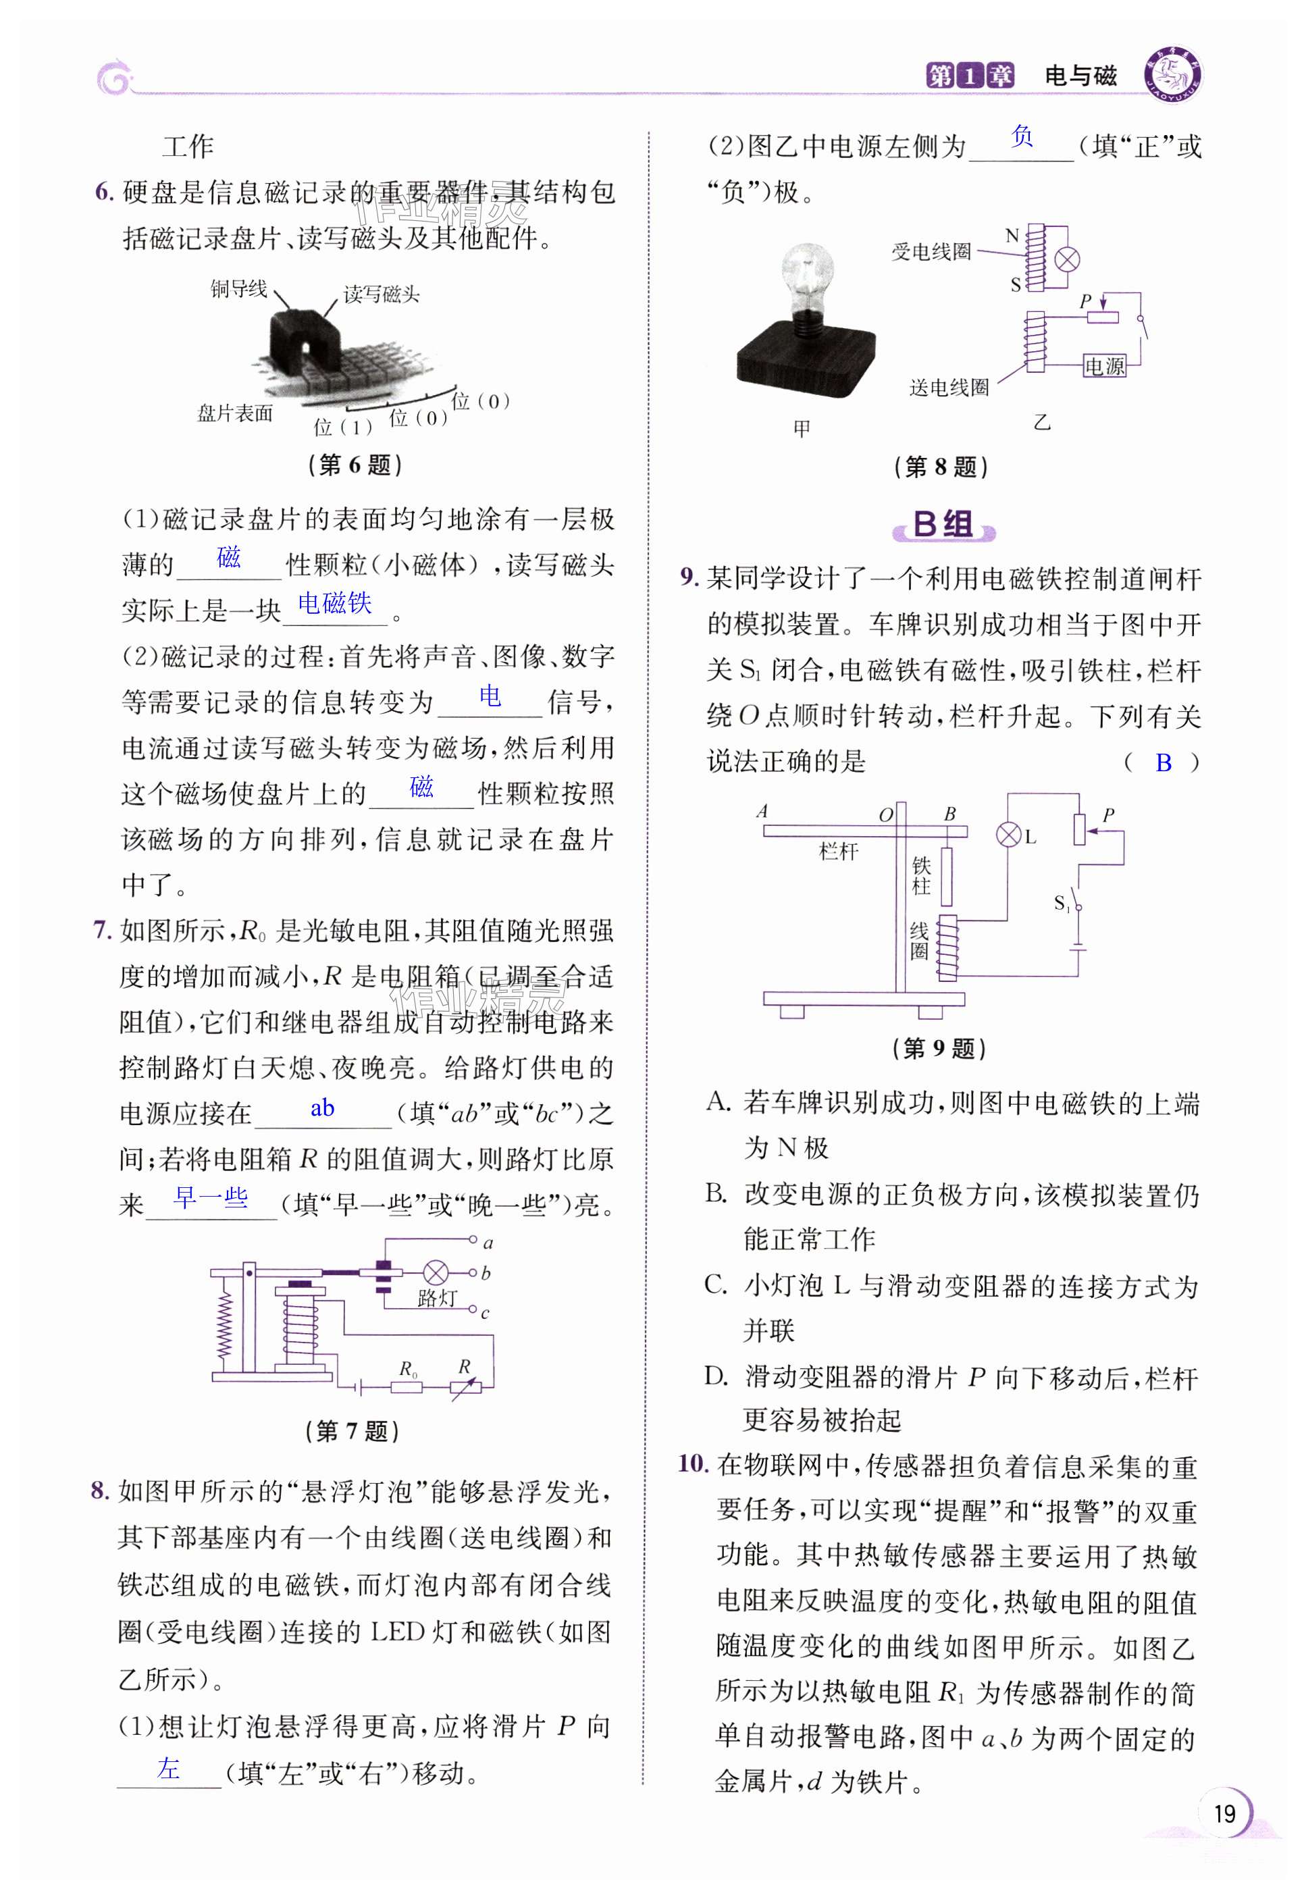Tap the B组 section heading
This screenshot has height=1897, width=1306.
pos(943,525)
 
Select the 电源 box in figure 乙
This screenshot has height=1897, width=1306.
pos(1104,366)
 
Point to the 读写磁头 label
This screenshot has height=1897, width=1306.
pos(382,294)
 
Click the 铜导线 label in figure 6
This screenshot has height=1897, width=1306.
pos(238,289)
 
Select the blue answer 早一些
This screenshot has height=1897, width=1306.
pos(211,1198)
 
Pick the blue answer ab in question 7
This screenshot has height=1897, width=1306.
pos(322,1108)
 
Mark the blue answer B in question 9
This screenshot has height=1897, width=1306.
pos(1163,762)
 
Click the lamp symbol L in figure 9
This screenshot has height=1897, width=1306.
pos(1008,835)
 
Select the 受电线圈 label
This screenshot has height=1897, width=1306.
pos(931,252)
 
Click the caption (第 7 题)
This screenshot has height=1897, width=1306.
pos(352,1430)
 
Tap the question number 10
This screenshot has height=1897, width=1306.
pos(692,1464)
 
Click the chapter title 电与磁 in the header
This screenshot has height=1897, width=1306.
pos(1080,76)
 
